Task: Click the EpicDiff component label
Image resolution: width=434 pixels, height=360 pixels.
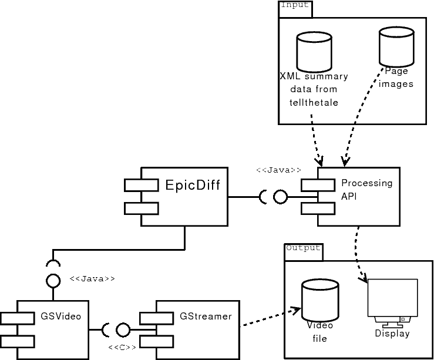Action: point(193,186)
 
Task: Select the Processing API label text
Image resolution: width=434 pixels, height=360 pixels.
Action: point(366,189)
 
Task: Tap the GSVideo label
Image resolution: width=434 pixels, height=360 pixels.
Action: point(60,317)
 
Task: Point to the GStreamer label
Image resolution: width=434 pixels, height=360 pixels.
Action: point(206,317)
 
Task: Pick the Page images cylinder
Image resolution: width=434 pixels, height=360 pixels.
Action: point(396,48)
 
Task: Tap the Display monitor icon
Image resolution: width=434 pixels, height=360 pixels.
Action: point(392,300)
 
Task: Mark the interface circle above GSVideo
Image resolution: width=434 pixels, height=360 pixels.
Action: point(53,281)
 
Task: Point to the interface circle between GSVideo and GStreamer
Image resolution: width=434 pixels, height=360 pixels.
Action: point(123,330)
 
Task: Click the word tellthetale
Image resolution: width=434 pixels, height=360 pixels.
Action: point(314,103)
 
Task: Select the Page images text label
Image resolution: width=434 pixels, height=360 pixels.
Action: point(396,78)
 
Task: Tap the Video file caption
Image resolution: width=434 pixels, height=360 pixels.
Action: point(319,332)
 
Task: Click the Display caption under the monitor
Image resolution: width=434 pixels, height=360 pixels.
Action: point(392,334)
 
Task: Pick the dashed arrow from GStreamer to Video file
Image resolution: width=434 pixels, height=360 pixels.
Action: point(267,319)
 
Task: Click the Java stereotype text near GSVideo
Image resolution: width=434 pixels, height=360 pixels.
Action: point(92,279)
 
